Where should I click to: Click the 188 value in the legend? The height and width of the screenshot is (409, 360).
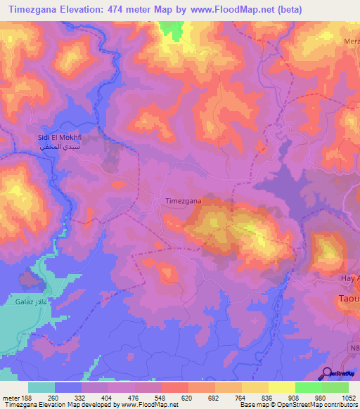click(x=27, y=397)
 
